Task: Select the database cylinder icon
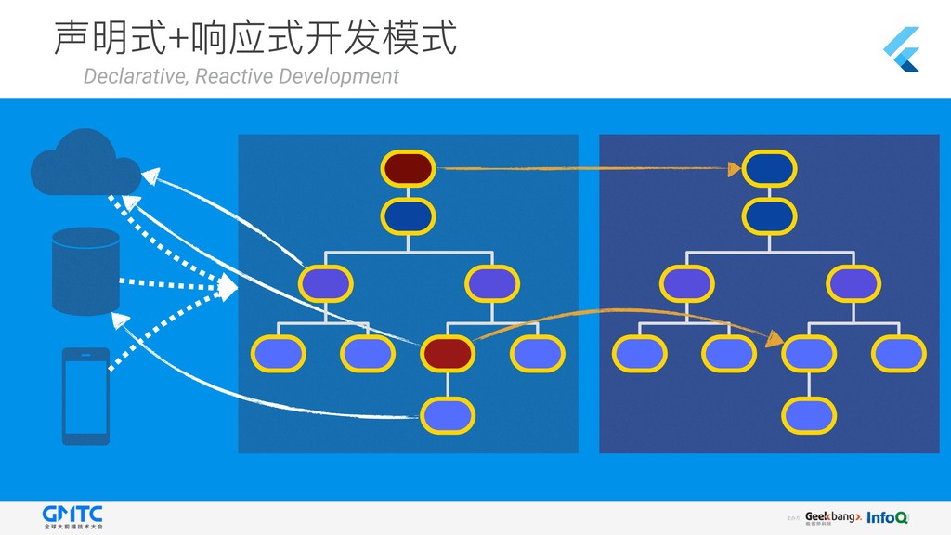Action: click(x=86, y=270)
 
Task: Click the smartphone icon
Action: click(x=85, y=396)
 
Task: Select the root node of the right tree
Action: click(x=770, y=168)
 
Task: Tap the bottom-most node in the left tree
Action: click(x=449, y=414)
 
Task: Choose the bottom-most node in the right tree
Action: click(x=810, y=414)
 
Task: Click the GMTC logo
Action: click(x=73, y=515)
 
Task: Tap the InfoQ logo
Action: click(x=887, y=517)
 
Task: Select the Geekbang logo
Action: click(x=832, y=516)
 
